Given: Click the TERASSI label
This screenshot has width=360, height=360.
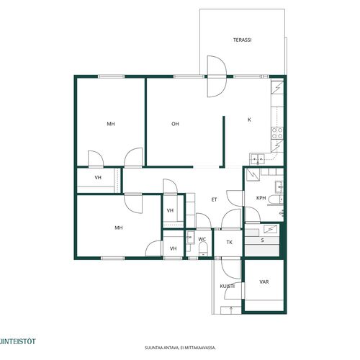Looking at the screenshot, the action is point(243,40).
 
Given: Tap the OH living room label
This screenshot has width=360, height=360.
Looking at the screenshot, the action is point(175,124).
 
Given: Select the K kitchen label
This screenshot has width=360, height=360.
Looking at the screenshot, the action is point(249,120).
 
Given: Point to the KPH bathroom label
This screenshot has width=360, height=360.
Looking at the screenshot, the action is point(261,198).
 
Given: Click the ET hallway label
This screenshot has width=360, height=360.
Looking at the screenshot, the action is point(215,199).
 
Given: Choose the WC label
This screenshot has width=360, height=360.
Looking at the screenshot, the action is point(202,239).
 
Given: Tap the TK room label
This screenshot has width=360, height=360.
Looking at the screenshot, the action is point(230,243).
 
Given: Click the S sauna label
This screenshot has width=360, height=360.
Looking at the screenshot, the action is point(263,240).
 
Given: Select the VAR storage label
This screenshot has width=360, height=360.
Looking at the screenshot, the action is point(264,282).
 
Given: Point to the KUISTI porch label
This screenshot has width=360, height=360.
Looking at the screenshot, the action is point(228,286).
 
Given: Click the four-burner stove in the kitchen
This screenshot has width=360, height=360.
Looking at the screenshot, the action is point(277,133).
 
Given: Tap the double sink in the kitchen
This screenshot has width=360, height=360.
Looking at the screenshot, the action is point(257,158).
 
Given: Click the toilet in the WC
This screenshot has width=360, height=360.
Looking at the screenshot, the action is point(203,248).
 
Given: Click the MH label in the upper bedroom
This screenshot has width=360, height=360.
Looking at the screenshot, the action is point(111,124).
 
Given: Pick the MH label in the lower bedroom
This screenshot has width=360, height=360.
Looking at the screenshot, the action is point(119,228).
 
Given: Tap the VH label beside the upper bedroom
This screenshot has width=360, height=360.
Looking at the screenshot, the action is point(98,178).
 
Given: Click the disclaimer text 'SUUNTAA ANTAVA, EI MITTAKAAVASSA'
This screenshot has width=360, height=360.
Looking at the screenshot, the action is point(180,348).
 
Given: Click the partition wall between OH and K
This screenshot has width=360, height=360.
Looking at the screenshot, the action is point(223,142).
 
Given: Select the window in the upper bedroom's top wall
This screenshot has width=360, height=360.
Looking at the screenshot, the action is point(111,76).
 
